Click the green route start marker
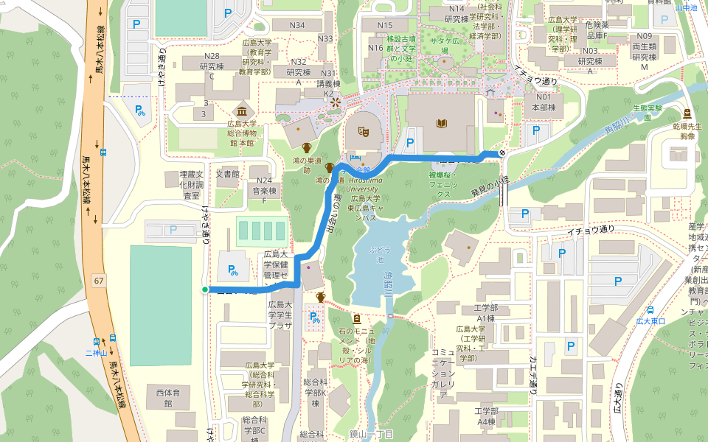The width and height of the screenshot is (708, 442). pos(205,290)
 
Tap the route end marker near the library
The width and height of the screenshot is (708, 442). pos(502,152)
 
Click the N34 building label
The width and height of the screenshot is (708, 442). pos(297,25)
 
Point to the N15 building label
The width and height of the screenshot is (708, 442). pos(385,25)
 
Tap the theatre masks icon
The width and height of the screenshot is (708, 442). pos(363,131)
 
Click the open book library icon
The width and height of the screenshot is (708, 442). pos(442,123)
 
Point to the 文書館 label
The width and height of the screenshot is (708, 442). pos(228,175)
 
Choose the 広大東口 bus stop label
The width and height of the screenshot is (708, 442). pos(651,321)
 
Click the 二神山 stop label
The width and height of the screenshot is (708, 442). pos(96,353)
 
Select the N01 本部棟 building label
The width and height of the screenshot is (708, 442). pos(544,102)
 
